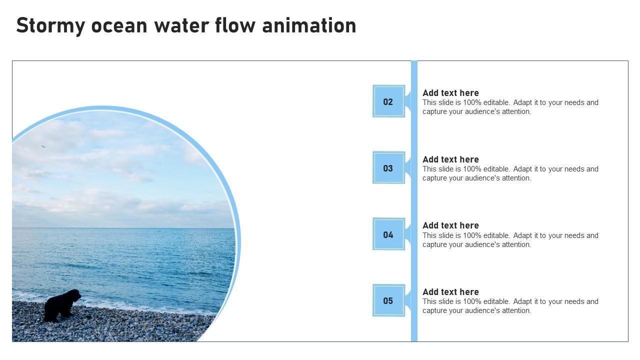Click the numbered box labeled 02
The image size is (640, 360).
click(x=388, y=101)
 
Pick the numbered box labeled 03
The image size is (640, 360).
click(x=388, y=168)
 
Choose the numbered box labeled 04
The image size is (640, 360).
click(x=388, y=234)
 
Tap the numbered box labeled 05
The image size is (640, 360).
click(x=388, y=300)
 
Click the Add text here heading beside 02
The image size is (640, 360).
click(x=450, y=93)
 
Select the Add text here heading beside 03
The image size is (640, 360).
click(x=450, y=159)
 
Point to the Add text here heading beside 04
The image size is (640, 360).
click(x=450, y=225)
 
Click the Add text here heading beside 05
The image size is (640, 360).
click(x=450, y=292)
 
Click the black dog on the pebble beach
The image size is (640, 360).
click(x=61, y=305)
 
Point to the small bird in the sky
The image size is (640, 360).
click(x=43, y=146)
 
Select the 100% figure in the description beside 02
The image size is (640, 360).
click(x=472, y=102)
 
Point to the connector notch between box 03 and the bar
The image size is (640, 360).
click(x=408, y=168)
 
